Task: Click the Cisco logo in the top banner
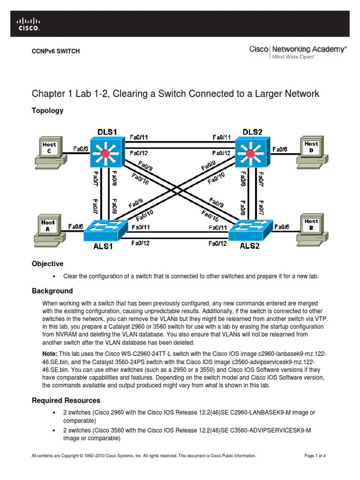click(x=29, y=24)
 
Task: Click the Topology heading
click(x=47, y=111)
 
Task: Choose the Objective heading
click(x=47, y=264)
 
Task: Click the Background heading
click(x=52, y=291)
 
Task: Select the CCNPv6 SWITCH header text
click(x=55, y=51)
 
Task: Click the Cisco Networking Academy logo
click(x=298, y=51)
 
